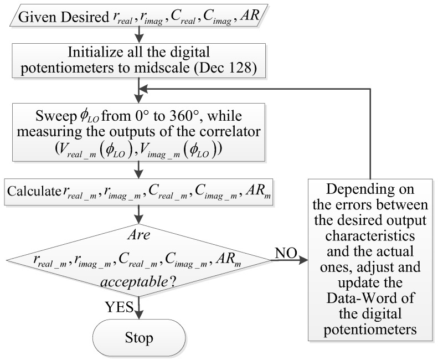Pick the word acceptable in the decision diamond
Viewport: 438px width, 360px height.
(x=131, y=282)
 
